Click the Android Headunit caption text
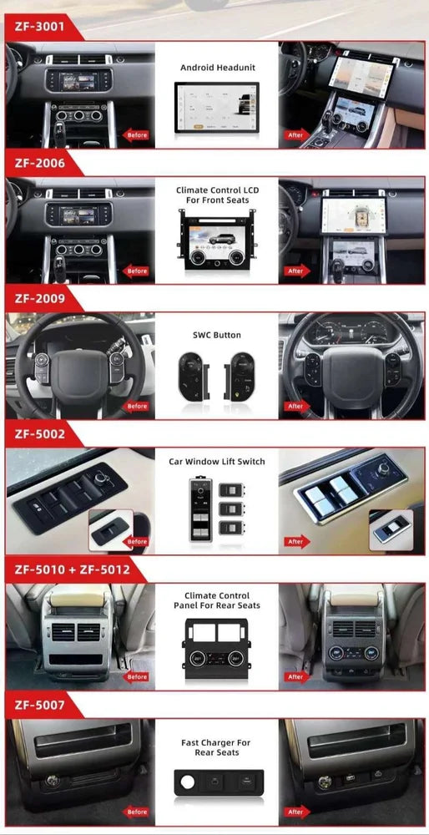pyautogui.click(x=218, y=67)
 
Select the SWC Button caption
pyautogui.click(x=217, y=336)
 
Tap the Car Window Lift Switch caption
pyautogui.click(x=217, y=462)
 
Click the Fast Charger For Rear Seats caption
pyautogui.click(x=216, y=747)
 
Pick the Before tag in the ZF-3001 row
pyautogui.click(x=137, y=135)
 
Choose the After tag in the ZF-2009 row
pyautogui.click(x=295, y=407)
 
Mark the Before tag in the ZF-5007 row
pyautogui.click(x=137, y=812)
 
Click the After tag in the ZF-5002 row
pyautogui.click(x=295, y=542)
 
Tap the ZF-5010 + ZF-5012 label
pyautogui.click(x=64, y=570)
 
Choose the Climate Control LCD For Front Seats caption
pyautogui.click(x=218, y=195)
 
